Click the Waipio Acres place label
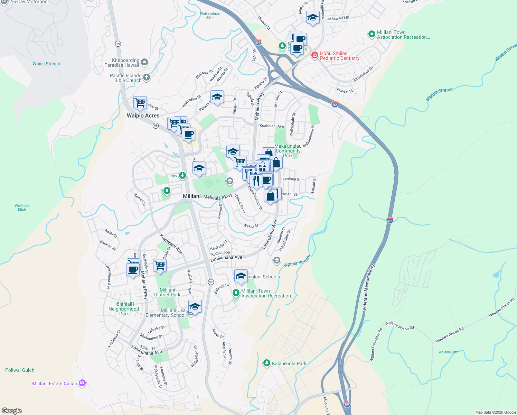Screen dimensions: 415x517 pos(143,116)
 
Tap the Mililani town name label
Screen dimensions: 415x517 pos(191,196)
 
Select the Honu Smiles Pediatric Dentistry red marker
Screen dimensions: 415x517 pos(314,55)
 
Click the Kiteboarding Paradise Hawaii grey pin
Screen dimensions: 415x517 pos(144,62)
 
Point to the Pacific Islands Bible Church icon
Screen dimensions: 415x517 pos(147,77)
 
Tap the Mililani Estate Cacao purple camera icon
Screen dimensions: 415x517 pos(82,383)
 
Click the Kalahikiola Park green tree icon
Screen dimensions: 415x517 pos(266,363)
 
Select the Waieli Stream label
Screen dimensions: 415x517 pos(46,64)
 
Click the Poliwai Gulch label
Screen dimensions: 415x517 pos(20,370)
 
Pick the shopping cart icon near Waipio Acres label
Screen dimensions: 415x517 pos(140,102)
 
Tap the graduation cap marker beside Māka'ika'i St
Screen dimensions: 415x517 pos(313,18)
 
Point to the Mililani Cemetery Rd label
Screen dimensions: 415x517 pos(376,344)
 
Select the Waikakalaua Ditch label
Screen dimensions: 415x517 pos(210,15)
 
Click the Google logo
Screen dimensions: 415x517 pos(12,411)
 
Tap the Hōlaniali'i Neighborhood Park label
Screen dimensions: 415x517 pos(124,309)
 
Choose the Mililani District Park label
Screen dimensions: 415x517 pos(167,292)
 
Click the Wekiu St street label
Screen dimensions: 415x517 pos(251,226)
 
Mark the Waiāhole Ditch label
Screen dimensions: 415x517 pos(22,207)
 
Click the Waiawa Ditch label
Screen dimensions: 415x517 pos(449,352)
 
